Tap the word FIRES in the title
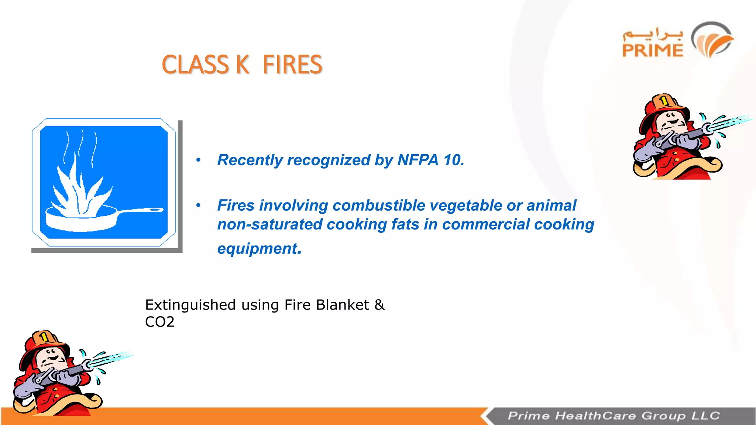pyautogui.click(x=292, y=65)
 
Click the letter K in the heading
pyautogui.click(x=243, y=65)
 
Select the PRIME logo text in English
pyautogui.click(x=653, y=51)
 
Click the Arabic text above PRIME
pyautogui.click(x=653, y=34)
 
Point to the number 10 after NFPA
pyautogui.click(x=452, y=160)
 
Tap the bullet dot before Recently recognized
pyautogui.click(x=198, y=160)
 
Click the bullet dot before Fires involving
pyautogui.click(x=198, y=205)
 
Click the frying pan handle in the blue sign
pyautogui.click(x=142, y=210)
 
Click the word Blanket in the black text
pyautogui.click(x=342, y=305)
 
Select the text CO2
pyautogui.click(x=159, y=322)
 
